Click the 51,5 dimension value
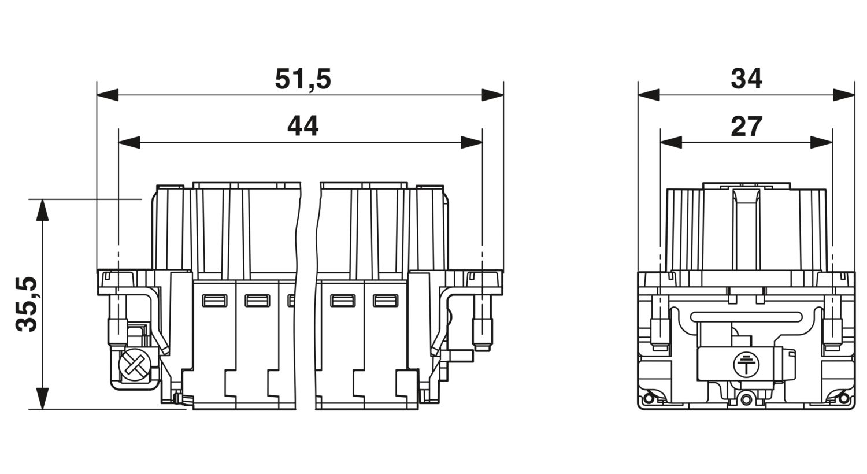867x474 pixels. (x=303, y=79)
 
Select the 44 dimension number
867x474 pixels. (x=303, y=126)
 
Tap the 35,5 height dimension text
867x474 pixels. (x=27, y=305)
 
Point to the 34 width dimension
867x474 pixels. (x=746, y=79)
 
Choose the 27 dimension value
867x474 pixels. (x=746, y=126)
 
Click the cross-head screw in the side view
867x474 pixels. (x=134, y=364)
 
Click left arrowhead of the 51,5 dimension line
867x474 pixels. (x=108, y=95)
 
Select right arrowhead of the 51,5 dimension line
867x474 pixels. (x=492, y=95)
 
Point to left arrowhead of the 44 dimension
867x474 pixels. (x=129, y=142)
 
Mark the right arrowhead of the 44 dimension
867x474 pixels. (x=472, y=142)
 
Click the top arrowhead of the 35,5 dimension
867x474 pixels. (x=43, y=210)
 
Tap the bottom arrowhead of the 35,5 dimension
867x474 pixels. (x=43, y=398)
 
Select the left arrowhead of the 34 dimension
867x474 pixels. (x=649, y=95)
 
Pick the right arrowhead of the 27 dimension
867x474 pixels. (x=821, y=142)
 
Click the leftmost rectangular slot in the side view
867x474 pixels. (x=215, y=301)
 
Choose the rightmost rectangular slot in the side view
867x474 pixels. (x=385, y=301)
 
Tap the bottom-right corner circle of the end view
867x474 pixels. (x=844, y=398)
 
